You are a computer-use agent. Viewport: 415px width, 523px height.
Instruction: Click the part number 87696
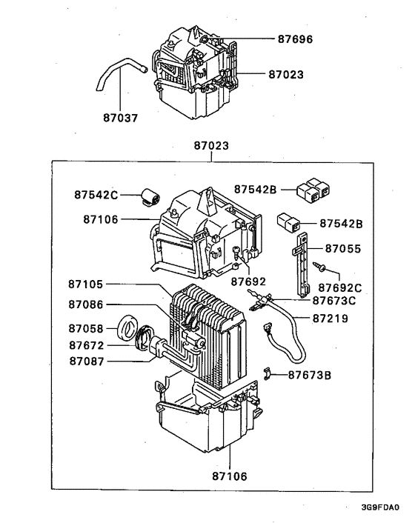[295, 39]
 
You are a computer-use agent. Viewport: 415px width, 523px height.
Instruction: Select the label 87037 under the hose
[121, 118]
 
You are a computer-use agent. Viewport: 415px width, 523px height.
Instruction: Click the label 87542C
[96, 195]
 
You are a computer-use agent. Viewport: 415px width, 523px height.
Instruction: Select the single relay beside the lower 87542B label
[288, 222]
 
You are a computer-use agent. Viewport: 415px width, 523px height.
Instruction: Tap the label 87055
[343, 249]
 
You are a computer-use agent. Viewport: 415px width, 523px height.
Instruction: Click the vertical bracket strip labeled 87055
[302, 264]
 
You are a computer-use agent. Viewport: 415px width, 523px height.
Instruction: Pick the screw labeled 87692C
[319, 267]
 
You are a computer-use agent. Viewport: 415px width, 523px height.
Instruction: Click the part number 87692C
[340, 288]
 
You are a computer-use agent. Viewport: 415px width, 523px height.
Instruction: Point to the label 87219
[331, 319]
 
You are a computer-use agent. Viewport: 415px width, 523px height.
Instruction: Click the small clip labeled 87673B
[266, 373]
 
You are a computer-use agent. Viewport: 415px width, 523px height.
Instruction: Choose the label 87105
[86, 284]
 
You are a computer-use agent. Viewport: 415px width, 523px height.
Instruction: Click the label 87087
[87, 362]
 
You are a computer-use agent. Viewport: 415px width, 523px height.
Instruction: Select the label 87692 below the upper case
[248, 282]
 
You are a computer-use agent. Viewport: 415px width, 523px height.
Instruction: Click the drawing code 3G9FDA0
[380, 507]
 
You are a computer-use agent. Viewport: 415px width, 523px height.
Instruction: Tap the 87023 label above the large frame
[211, 146]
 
